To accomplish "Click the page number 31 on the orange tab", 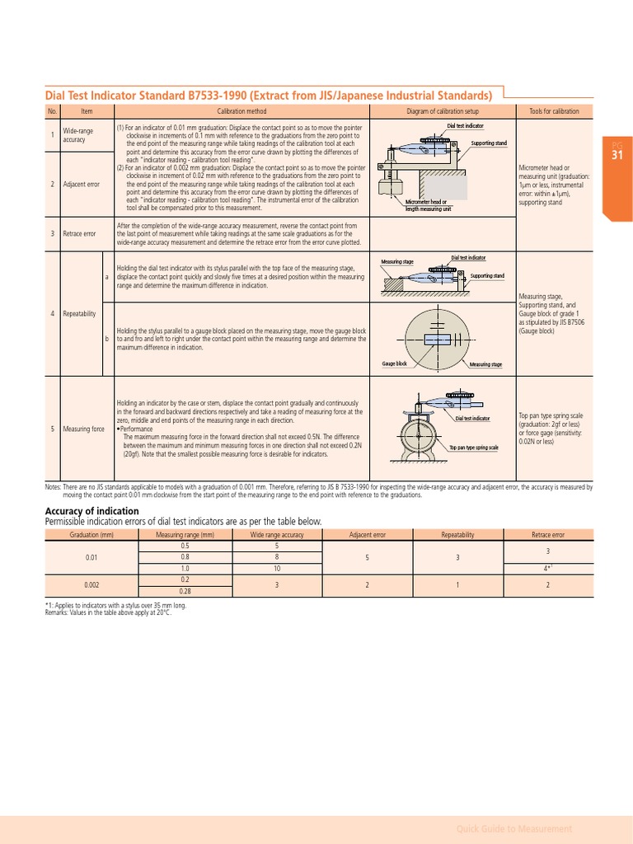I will click(617, 155).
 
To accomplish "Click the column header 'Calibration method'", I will click(241, 111).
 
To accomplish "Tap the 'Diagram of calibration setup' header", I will click(443, 111).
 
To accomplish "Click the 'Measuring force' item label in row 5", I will click(83, 429).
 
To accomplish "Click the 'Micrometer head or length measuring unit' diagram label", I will click(427, 205).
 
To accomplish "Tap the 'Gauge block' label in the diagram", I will click(394, 363).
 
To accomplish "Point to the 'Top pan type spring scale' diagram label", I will click(473, 448).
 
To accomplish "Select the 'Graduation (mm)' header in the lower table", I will click(91, 535).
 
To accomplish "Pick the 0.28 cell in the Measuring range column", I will click(185, 591).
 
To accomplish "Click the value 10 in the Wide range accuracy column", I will click(277, 568).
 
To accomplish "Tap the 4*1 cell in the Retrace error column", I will click(547, 568).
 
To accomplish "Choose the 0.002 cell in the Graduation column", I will click(91, 585).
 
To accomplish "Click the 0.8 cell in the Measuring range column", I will click(185, 557).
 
